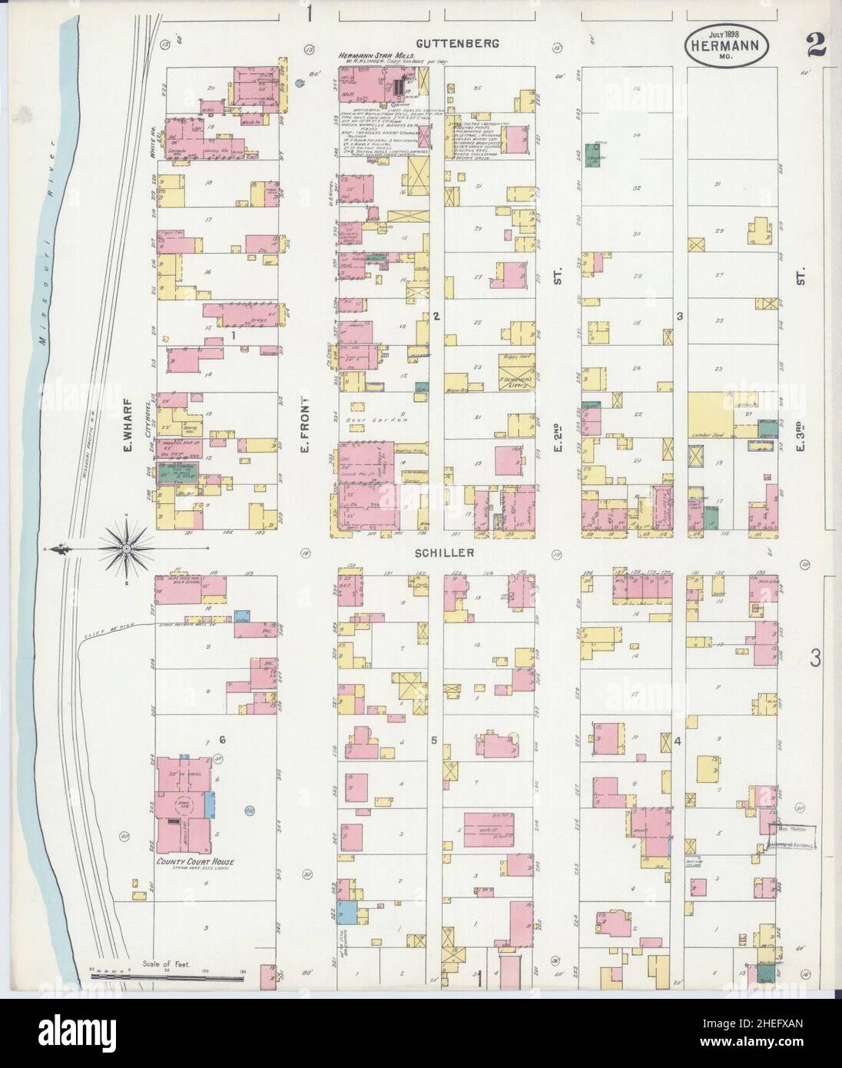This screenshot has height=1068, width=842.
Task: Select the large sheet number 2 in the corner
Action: pos(815,45)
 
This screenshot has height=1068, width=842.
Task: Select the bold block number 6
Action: pos(222,740)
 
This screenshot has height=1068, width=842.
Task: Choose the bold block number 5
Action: pos(434,741)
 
